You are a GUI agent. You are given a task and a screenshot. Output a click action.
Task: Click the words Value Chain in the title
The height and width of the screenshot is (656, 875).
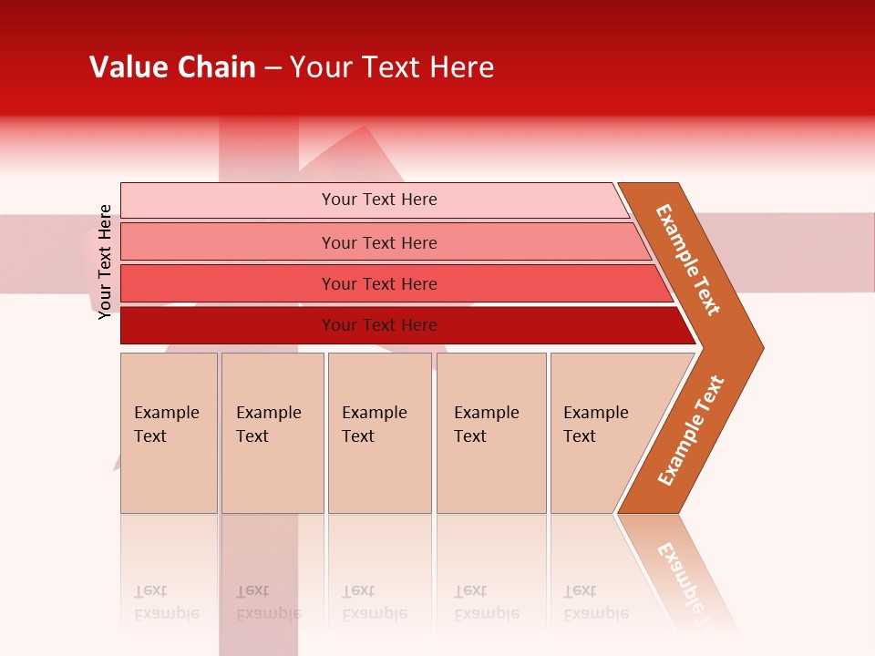tap(172, 67)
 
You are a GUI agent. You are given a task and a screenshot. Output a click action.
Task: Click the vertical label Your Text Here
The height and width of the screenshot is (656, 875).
tap(105, 261)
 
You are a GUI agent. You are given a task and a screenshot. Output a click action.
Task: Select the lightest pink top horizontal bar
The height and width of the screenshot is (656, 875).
tap(228, 200)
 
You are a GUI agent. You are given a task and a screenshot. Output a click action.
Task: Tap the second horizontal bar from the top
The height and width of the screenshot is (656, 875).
tap(228, 242)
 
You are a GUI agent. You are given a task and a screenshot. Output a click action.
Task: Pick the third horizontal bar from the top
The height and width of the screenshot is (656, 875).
tap(228, 283)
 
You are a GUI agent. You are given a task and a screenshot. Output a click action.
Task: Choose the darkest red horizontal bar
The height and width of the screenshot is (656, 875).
tap(228, 325)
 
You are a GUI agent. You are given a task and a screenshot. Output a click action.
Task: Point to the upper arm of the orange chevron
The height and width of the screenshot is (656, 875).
tap(688, 260)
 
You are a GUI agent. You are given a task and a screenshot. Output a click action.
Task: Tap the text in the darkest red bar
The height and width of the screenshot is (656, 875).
tap(379, 325)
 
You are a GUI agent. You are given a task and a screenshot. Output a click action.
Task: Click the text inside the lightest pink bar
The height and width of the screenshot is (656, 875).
tap(379, 200)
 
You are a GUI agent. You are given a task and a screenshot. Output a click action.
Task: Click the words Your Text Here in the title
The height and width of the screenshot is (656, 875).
tap(392, 67)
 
